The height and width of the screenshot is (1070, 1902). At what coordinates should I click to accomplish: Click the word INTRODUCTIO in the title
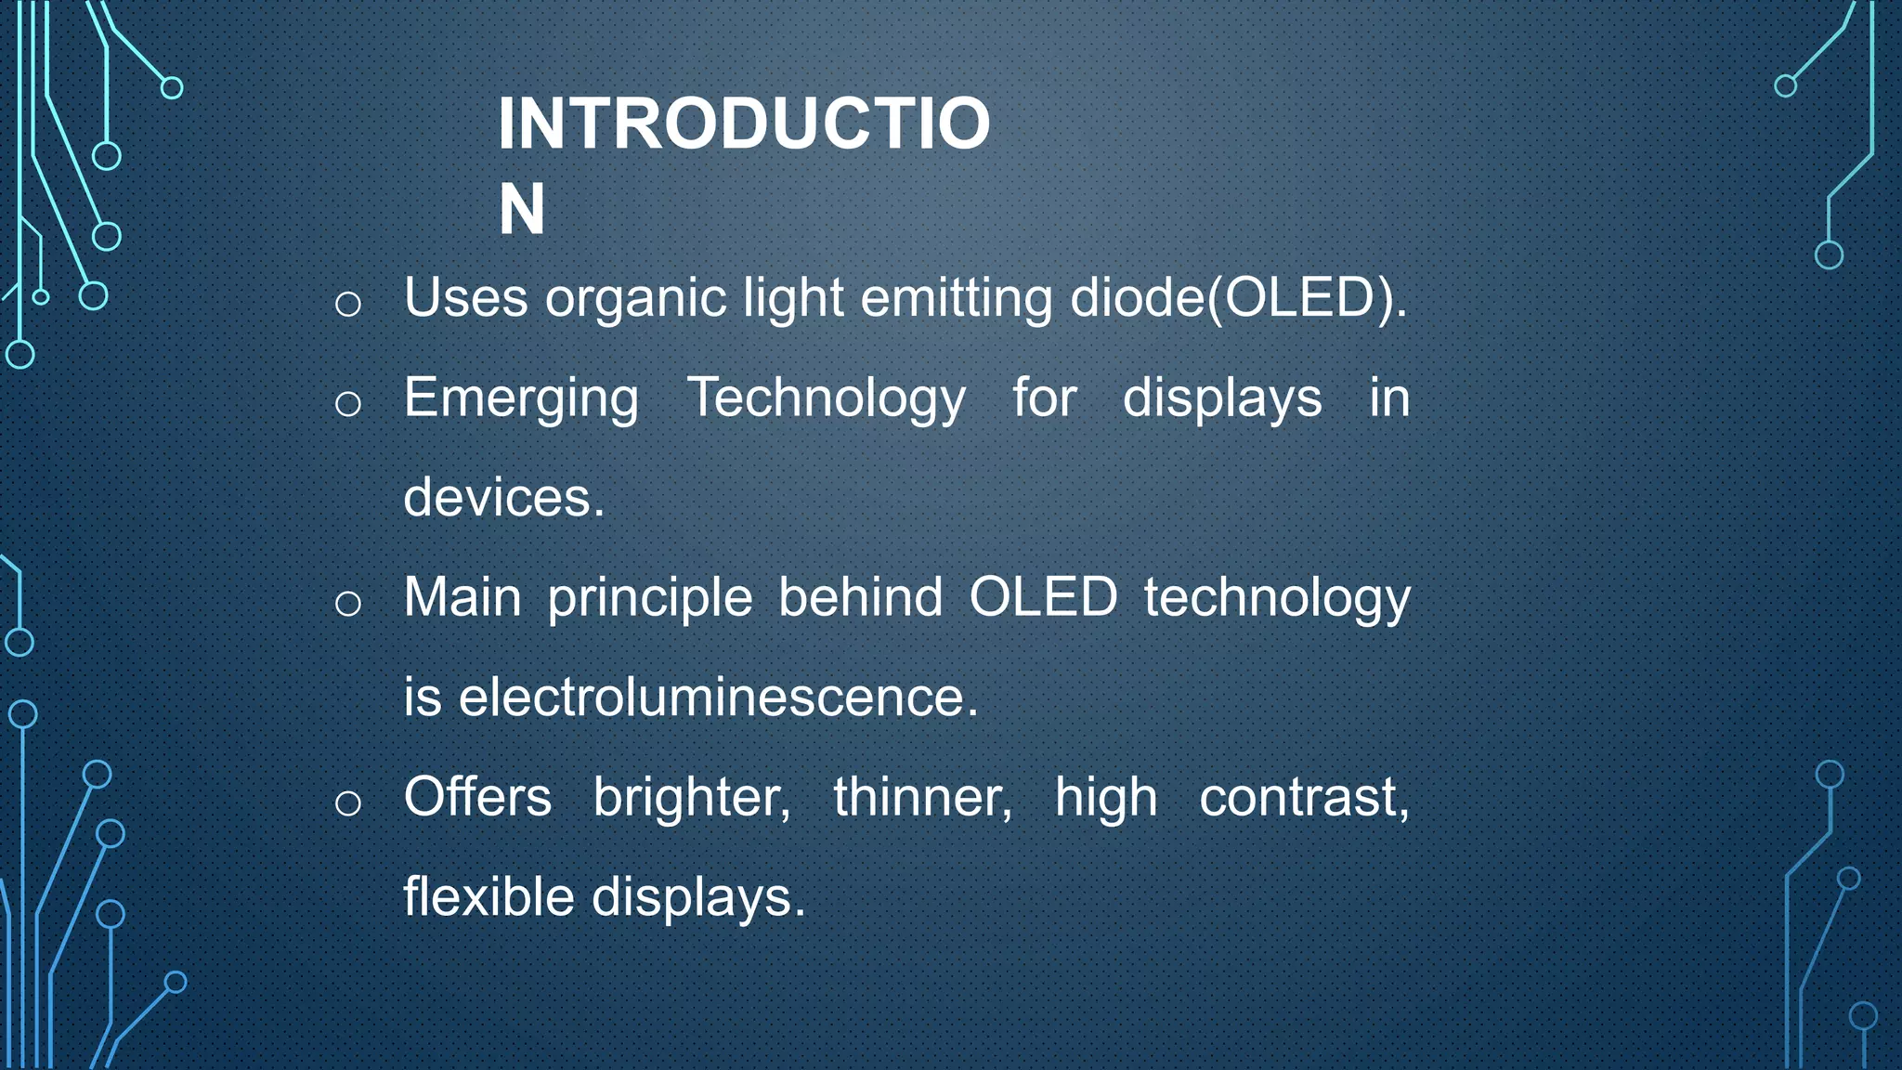tap(744, 124)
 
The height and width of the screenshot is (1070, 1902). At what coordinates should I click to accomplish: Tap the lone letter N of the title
tap(521, 210)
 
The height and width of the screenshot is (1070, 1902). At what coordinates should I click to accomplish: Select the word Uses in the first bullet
tap(465, 298)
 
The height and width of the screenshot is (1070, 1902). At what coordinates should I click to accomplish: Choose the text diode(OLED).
tap(1239, 298)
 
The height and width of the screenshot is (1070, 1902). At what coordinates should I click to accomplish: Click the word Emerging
tap(521, 399)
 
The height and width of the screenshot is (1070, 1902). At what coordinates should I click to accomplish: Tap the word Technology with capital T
tap(826, 399)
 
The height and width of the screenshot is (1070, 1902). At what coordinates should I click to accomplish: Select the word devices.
tap(503, 498)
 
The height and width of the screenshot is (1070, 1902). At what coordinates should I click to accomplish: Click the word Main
tap(462, 597)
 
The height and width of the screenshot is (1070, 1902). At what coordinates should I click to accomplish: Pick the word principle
tap(649, 599)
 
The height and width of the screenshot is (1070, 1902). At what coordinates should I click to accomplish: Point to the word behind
tap(860, 597)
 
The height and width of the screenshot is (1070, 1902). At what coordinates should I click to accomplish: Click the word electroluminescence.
tap(718, 698)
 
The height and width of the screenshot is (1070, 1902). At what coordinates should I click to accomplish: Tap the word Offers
tap(477, 797)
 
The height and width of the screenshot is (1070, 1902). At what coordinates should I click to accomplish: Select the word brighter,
tap(692, 799)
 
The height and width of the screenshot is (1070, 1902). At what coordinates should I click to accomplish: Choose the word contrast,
tap(1304, 799)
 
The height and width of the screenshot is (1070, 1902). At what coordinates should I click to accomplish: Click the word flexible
tap(489, 897)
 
